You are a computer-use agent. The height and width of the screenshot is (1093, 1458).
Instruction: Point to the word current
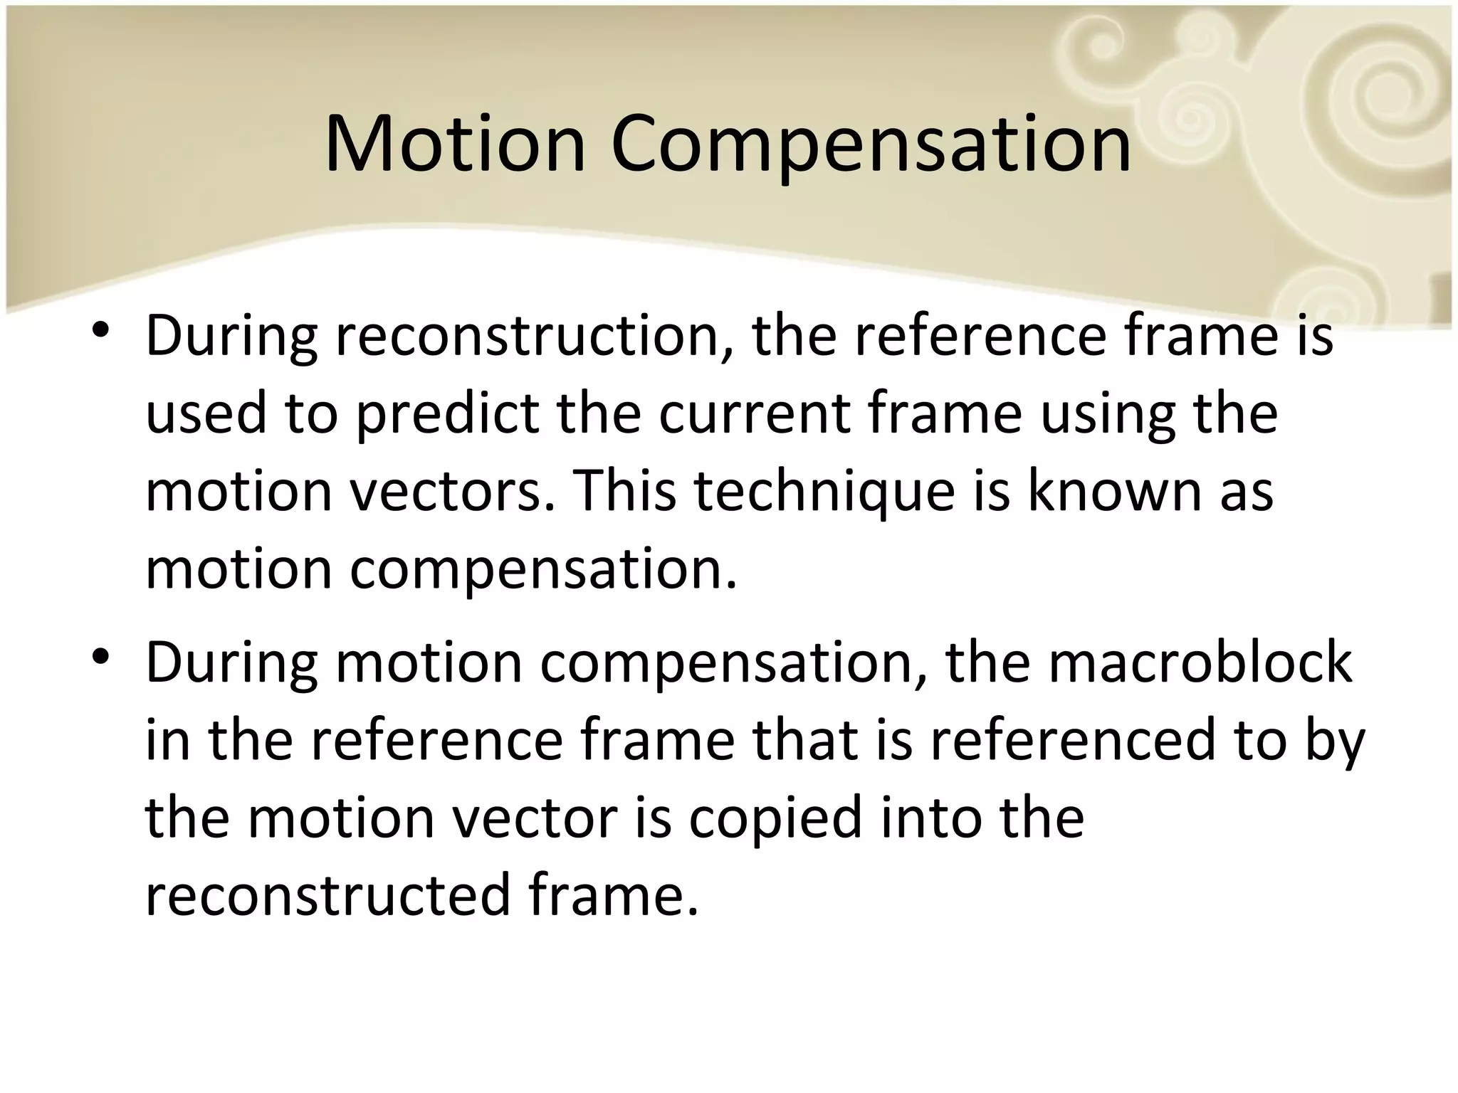pyautogui.click(x=754, y=415)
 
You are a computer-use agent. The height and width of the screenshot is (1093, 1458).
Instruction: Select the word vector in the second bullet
pyautogui.click(x=535, y=818)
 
